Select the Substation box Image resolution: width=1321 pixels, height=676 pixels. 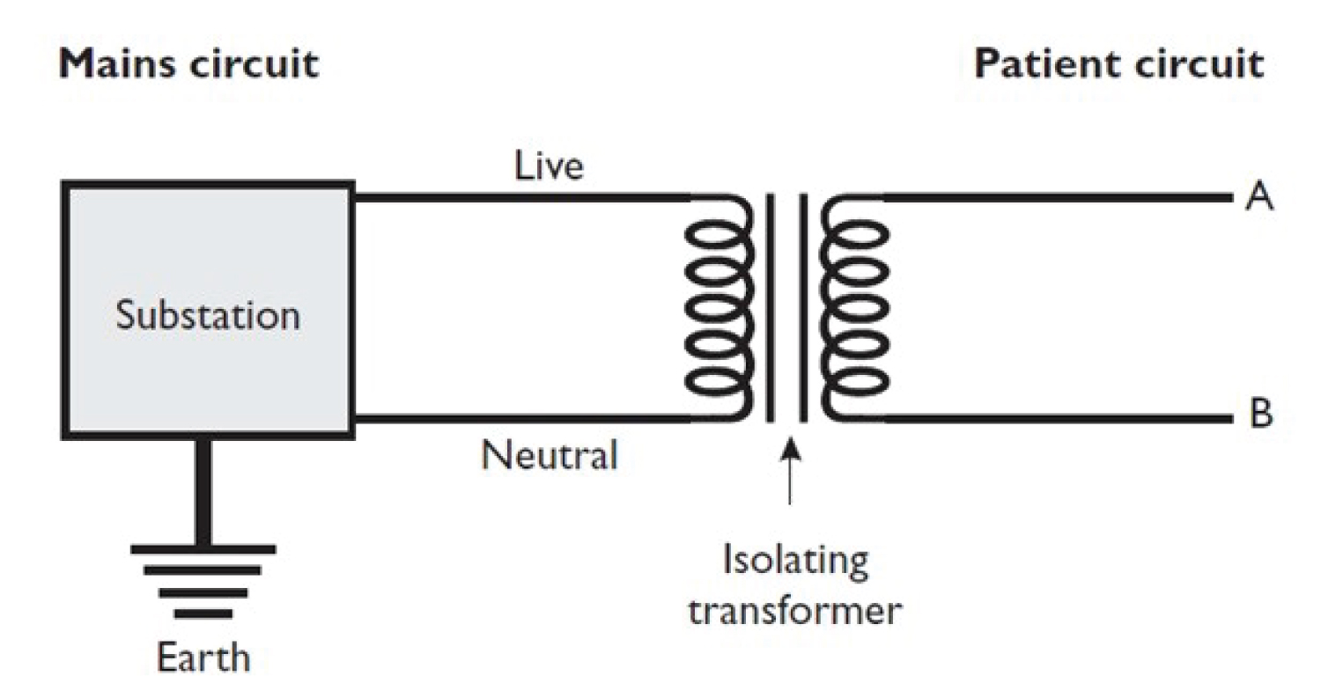(x=208, y=311)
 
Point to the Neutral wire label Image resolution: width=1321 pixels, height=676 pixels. (x=549, y=456)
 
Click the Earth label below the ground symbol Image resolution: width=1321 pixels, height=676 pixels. (x=203, y=656)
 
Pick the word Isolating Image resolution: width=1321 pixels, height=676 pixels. (x=795, y=561)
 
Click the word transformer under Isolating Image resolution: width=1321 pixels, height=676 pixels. (x=795, y=610)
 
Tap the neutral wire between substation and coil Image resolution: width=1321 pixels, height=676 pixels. (x=520, y=419)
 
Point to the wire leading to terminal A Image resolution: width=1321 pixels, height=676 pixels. (x=1057, y=198)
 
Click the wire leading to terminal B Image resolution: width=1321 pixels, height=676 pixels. (x=1057, y=419)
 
